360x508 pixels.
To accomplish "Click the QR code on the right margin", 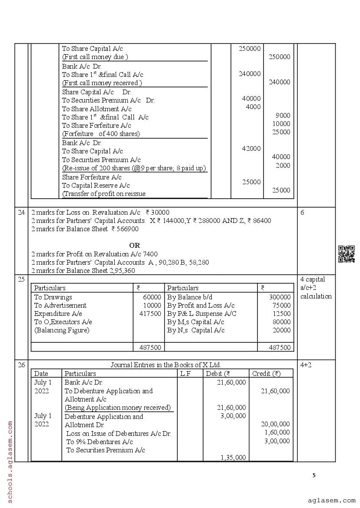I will pyautogui.click(x=346, y=254).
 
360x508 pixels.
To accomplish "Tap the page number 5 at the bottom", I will pyautogui.click(x=314, y=475).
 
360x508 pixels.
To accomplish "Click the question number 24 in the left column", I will pyautogui.click(x=21, y=212).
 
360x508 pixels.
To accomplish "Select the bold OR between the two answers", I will pyautogui.click(x=134, y=246).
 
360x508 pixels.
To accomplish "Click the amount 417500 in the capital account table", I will pyautogui.click(x=150, y=314).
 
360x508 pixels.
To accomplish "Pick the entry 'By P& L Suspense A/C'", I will pyautogui.click(x=202, y=314).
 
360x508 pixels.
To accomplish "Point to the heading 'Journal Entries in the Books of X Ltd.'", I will pyautogui.click(x=169, y=365).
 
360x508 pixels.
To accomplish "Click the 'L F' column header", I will pyautogui.click(x=185, y=373).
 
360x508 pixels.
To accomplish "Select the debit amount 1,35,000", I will pyautogui.click(x=233, y=457).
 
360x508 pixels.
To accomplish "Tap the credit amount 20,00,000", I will pyautogui.click(x=275, y=424).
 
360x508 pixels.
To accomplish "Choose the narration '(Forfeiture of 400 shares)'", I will pyautogui.click(x=101, y=134).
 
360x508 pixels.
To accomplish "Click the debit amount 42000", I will pyautogui.click(x=251, y=149).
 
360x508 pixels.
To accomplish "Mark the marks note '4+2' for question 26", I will pyautogui.click(x=306, y=365).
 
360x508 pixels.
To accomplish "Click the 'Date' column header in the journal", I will pyautogui.click(x=41, y=373).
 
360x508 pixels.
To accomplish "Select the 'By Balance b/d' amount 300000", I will pyautogui.click(x=280, y=297).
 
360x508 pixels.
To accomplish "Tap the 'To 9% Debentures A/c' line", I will pyautogui.click(x=100, y=442).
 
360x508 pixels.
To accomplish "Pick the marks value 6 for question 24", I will pyautogui.click(x=302, y=212).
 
